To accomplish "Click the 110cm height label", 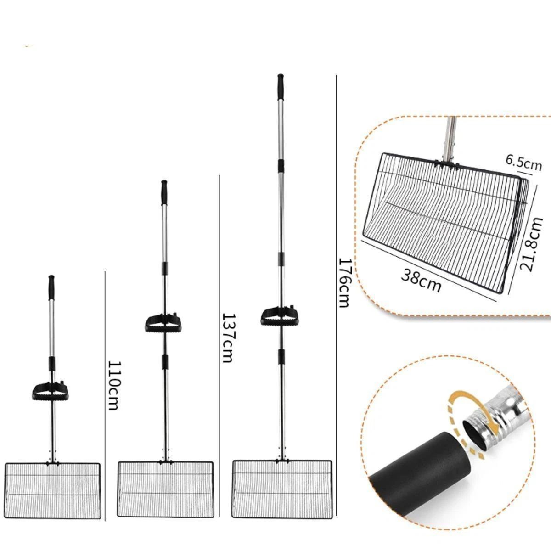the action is [112, 385].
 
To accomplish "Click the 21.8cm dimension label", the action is [531, 244].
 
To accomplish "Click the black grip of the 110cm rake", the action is [51, 287].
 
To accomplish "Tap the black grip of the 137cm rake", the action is [164, 192].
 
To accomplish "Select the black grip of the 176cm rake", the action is [281, 87].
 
